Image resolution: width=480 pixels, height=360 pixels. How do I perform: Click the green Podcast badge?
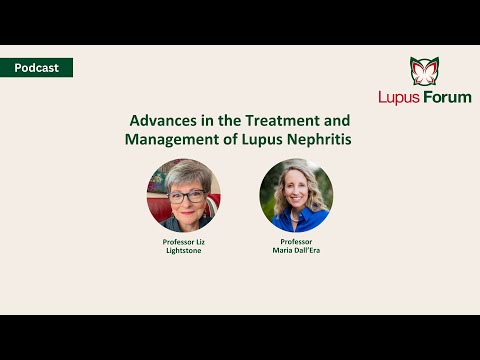[x=37, y=68]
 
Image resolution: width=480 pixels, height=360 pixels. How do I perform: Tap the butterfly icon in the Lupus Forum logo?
[x=425, y=71]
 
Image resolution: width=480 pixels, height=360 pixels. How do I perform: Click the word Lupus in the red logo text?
[x=399, y=97]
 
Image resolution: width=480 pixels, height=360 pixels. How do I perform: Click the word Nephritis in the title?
[x=317, y=139]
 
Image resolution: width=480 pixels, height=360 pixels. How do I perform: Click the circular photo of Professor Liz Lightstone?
[x=184, y=195]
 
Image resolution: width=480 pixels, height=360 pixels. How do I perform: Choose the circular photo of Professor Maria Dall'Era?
[x=296, y=195]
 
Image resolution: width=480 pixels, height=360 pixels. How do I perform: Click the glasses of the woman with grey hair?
[x=185, y=196]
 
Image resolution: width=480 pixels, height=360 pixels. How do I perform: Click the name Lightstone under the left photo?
[x=184, y=250]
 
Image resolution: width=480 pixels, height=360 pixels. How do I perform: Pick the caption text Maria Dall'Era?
[x=296, y=250]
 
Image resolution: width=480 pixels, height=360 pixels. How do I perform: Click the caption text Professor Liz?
[x=184, y=241]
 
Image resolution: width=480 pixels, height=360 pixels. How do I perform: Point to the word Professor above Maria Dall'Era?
[x=296, y=241]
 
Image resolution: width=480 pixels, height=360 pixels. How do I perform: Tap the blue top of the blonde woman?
[x=297, y=223]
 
